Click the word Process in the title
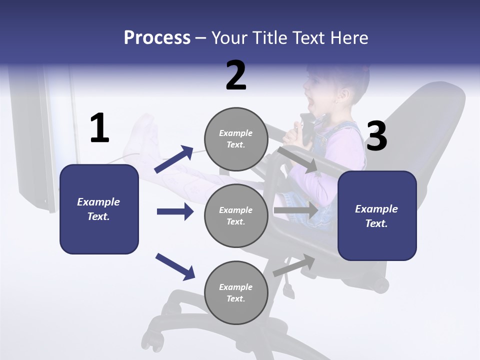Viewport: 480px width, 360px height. [x=157, y=38]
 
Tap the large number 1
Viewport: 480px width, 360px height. [x=99, y=128]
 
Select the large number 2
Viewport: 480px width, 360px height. [x=236, y=75]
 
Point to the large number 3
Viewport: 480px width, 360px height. [x=376, y=136]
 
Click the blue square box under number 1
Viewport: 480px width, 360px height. [x=99, y=209]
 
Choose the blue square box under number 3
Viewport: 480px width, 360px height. [x=377, y=216]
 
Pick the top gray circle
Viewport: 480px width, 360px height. [x=236, y=139]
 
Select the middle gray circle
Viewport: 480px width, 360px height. [x=236, y=215]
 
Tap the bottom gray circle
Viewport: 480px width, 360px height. [x=236, y=292]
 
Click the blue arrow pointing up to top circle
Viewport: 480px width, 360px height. [x=173, y=159]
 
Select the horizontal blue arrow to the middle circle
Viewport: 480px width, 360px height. [x=175, y=211]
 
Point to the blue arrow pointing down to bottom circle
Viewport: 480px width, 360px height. [x=174, y=266]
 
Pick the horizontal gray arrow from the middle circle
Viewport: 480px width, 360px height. [x=295, y=210]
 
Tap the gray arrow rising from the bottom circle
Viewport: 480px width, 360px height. [x=294, y=265]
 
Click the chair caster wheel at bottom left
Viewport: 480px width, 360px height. [x=157, y=343]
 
